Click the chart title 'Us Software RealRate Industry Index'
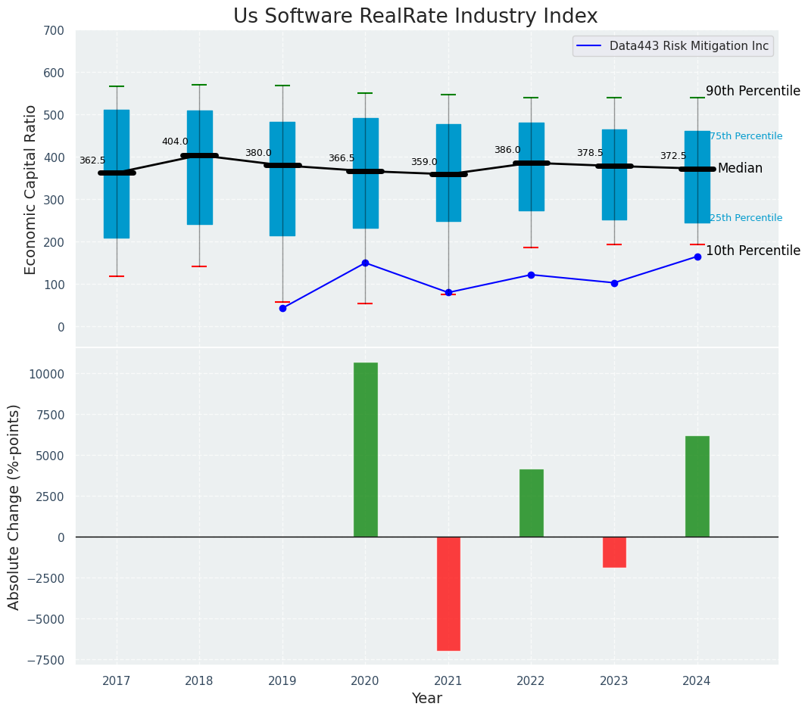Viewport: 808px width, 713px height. [415, 17]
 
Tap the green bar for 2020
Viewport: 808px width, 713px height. [365, 450]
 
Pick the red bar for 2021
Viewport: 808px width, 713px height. [448, 593]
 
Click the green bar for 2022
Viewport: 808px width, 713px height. [531, 503]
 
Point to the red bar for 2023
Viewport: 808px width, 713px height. [614, 552]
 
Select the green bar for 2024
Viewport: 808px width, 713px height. [697, 487]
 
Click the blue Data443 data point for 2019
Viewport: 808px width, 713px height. [282, 308]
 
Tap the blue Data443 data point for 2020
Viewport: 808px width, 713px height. [365, 263]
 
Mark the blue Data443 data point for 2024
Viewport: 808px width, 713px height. [697, 257]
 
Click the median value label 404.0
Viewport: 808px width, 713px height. [175, 142]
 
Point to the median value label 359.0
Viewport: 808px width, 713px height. [424, 162]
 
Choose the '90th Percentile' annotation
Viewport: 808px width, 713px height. [753, 91]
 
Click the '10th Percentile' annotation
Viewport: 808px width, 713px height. [753, 251]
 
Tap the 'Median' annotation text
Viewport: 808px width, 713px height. [740, 168]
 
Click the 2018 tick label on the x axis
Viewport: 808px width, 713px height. [199, 681]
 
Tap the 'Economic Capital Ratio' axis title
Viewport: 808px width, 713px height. [31, 189]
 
